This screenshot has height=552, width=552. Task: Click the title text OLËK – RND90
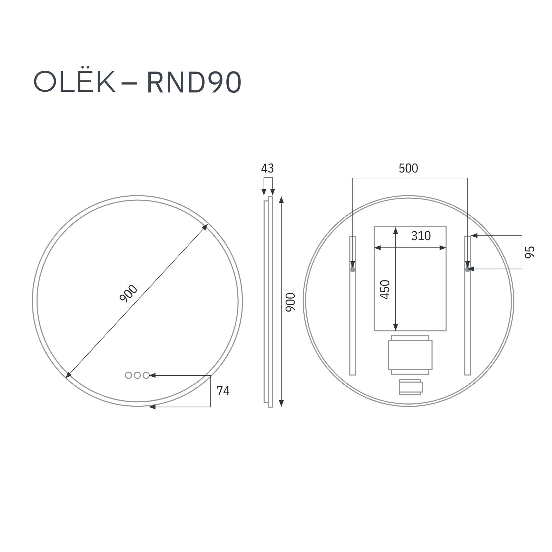[137, 82]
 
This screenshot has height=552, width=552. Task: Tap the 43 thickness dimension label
[267, 168]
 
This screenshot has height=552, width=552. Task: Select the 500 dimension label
[408, 168]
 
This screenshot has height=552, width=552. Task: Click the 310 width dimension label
[421, 236]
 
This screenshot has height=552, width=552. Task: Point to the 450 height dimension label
[385, 290]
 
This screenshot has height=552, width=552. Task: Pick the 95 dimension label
[529, 252]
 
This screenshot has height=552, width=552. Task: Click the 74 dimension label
[223, 391]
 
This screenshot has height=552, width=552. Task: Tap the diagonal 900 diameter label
[128, 294]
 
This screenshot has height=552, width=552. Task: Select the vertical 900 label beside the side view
[290, 302]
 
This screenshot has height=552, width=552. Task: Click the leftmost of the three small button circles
[128, 375]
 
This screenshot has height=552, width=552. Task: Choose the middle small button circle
[137, 375]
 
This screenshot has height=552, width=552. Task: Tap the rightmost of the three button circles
[146, 375]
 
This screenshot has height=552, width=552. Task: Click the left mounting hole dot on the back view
[352, 270]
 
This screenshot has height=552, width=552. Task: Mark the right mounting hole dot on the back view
[467, 270]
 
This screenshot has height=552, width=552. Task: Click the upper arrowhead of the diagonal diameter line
[205, 227]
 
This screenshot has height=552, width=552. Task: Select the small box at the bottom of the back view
[410, 387]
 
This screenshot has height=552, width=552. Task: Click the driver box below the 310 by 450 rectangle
[410, 355]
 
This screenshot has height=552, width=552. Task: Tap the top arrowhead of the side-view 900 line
[281, 200]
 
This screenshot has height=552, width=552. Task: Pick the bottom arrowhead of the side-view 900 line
[281, 403]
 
